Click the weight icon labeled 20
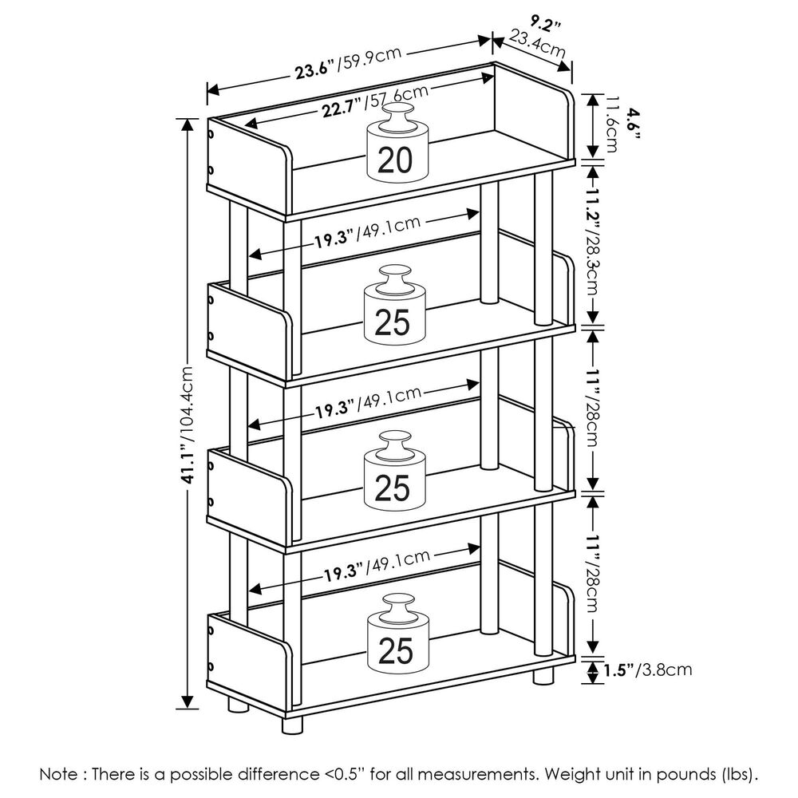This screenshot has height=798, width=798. pyautogui.click(x=396, y=152)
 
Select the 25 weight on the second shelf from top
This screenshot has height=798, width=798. pyautogui.click(x=392, y=313)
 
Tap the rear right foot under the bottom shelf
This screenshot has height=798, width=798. pyautogui.click(x=543, y=677)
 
